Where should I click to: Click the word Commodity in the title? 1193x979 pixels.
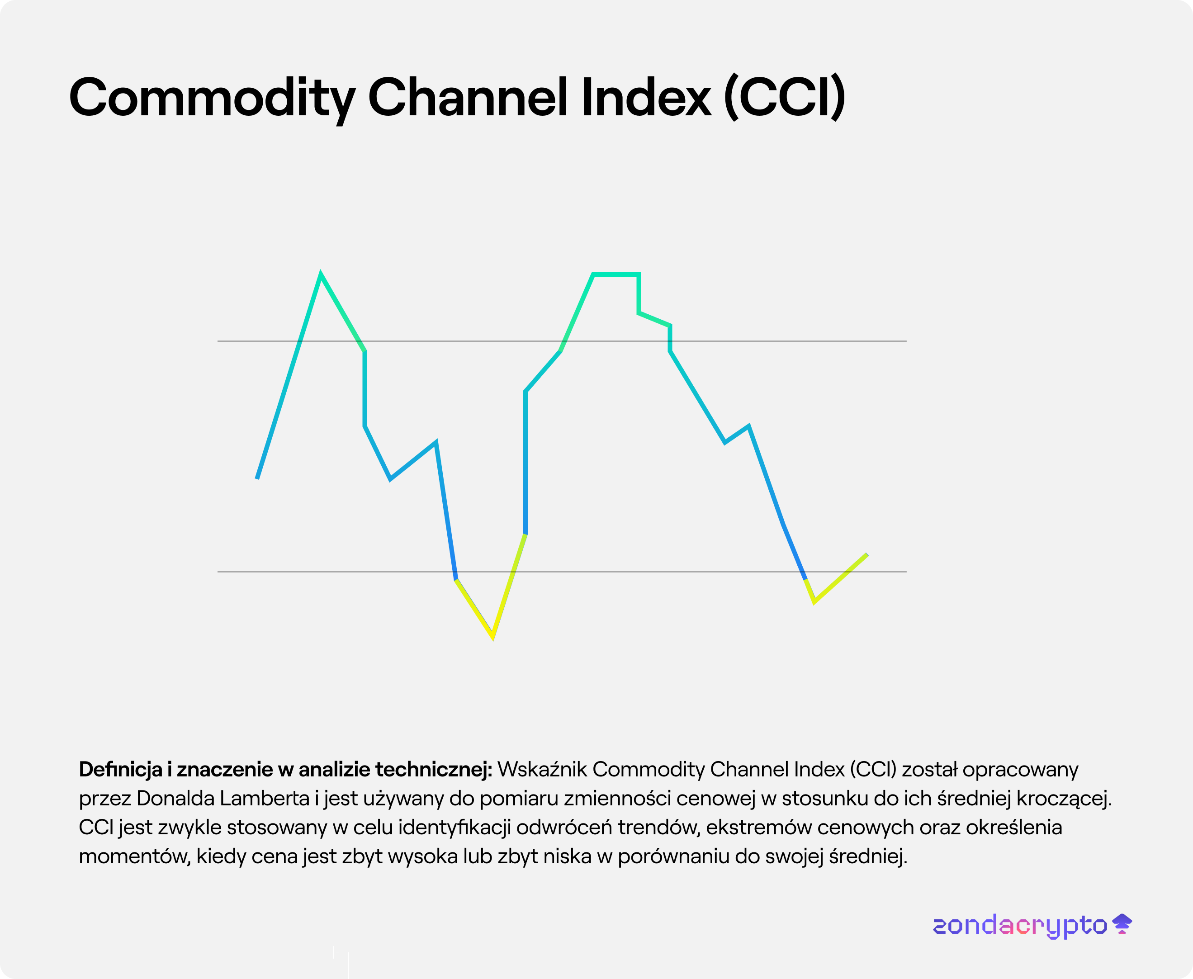click(212, 98)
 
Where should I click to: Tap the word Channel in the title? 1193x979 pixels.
click(468, 98)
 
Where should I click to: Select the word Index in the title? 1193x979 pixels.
click(646, 98)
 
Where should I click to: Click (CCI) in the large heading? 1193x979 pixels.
click(784, 98)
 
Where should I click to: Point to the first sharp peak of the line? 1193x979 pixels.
click(320, 274)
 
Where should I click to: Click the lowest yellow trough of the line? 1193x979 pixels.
click(493, 637)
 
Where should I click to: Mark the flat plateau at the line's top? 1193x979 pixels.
click(615, 274)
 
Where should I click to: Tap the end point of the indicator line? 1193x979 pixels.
click(867, 554)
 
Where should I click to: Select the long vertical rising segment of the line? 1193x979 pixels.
click(525, 463)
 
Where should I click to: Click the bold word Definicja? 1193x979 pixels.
click(120, 770)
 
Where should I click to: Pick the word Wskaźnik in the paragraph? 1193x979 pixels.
click(542, 770)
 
